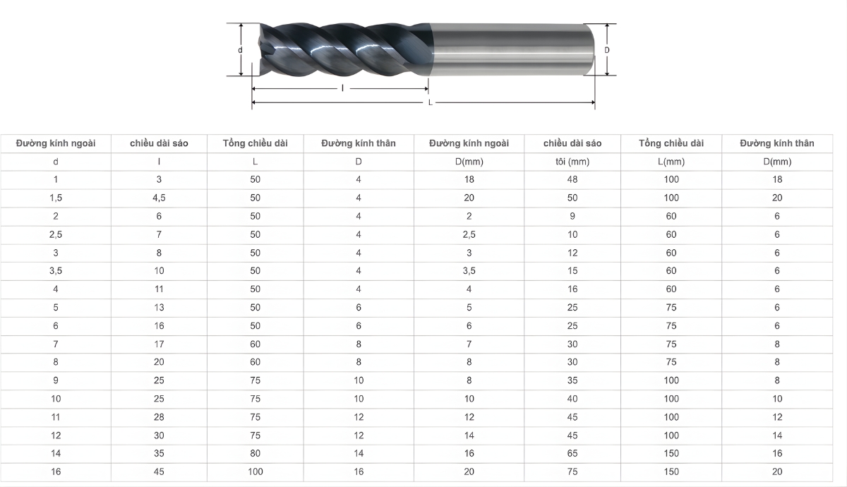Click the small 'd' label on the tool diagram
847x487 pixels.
(240, 50)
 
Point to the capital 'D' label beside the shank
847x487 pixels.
(606, 50)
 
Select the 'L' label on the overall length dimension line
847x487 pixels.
(431, 103)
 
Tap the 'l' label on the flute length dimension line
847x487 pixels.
(342, 89)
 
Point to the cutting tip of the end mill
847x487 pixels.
(260, 49)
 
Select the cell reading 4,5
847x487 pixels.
(159, 198)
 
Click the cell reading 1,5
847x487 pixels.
(56, 198)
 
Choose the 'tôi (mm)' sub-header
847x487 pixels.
(572, 162)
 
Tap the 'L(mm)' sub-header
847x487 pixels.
(671, 162)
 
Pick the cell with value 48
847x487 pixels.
(572, 179)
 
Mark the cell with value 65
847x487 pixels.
(572, 454)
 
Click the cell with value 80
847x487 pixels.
(255, 454)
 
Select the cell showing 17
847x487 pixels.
(159, 344)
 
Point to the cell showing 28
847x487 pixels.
(159, 417)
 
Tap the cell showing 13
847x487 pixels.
(159, 307)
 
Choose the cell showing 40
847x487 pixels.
(572, 399)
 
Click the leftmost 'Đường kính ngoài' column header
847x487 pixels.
(56, 143)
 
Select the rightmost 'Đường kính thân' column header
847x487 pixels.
(776, 143)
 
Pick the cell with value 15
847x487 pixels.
(572, 271)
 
